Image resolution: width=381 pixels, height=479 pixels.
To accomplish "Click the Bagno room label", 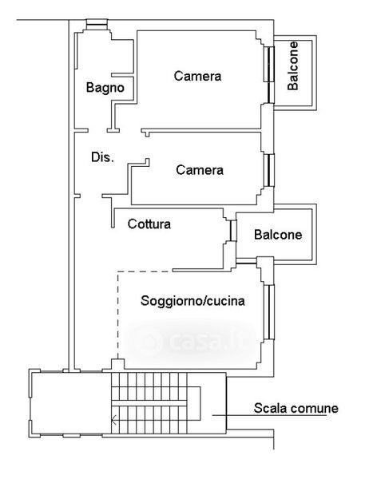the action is [x=105, y=88].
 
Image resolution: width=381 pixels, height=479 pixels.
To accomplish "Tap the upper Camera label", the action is [x=197, y=76].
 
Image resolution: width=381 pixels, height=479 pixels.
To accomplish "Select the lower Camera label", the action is [x=200, y=170].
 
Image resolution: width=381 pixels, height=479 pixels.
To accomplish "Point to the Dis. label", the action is [x=103, y=157].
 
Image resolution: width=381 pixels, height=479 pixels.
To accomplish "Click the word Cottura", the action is [x=149, y=224].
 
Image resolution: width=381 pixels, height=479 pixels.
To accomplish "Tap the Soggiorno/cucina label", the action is [x=192, y=301].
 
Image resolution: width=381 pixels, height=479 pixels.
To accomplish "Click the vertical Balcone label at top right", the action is [x=292, y=65].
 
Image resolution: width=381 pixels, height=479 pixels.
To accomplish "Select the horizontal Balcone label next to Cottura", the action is [x=278, y=235].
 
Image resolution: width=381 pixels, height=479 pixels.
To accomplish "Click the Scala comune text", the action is [x=296, y=409].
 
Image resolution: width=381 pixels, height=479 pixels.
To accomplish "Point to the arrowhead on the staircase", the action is [x=114, y=420].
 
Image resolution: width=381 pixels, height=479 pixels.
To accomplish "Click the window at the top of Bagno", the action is [x=97, y=24].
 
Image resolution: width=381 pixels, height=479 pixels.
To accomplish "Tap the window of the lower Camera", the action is [x=270, y=170].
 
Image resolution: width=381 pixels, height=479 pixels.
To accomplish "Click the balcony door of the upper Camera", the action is [x=270, y=74].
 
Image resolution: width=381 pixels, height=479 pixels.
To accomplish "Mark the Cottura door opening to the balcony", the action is [x=233, y=231].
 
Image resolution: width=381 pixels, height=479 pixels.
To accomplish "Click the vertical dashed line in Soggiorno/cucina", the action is [x=118, y=315].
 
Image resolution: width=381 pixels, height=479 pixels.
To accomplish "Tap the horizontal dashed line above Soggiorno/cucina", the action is [x=145, y=271].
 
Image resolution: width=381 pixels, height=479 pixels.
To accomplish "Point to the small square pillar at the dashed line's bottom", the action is [x=117, y=364].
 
